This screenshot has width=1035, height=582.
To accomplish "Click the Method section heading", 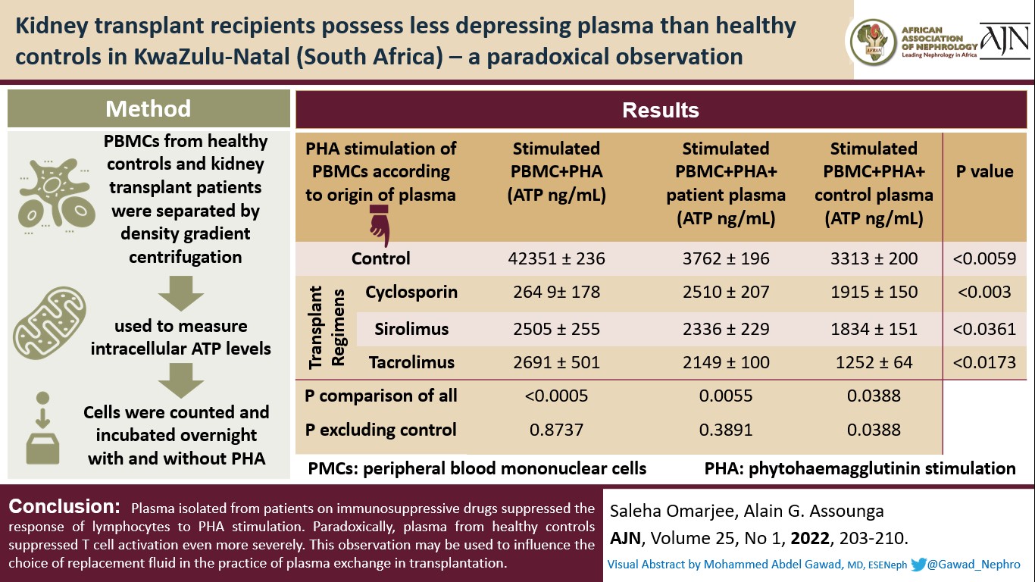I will pos(149,108).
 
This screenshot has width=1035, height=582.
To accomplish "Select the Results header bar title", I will pos(660,111).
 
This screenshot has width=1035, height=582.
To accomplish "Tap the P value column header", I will pos(984,171).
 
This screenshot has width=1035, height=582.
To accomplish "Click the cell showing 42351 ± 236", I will pos(556,259).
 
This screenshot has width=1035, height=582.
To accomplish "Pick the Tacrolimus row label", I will pos(411,362).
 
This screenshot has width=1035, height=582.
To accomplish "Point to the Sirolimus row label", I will pos(411,329).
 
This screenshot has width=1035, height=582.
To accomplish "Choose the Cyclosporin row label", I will pos(411,293).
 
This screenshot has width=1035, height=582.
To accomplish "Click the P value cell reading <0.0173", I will pos(983,362).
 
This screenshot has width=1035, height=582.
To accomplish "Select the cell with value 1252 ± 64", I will pos(874,362).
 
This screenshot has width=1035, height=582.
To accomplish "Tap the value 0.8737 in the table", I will pos(556,430).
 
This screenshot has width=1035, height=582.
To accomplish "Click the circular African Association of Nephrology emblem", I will pos(874,42).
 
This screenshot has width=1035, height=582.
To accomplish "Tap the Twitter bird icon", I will pos(920,565).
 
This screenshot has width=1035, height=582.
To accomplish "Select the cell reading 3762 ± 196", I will pos(725,259).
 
